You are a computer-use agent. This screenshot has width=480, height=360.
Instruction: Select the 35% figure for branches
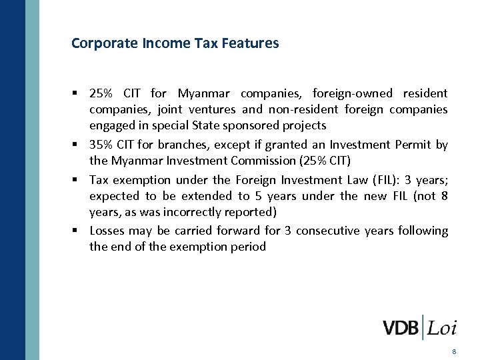101,145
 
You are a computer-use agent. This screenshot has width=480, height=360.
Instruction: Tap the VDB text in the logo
401,328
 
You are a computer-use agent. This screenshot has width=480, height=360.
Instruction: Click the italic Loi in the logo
442,328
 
